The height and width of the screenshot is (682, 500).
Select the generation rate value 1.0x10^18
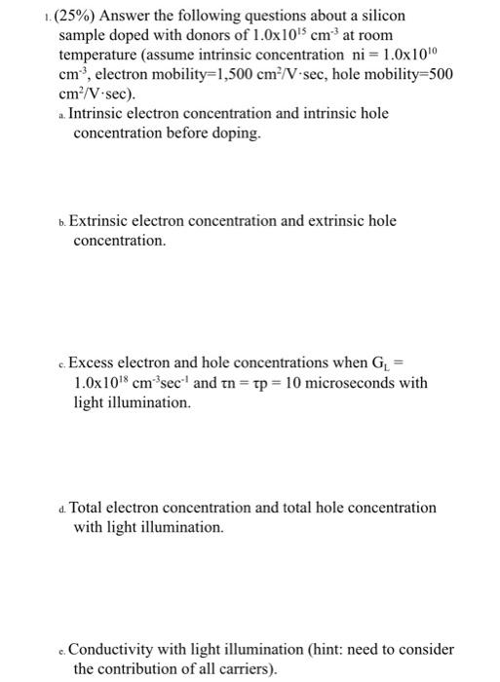(x=104, y=383)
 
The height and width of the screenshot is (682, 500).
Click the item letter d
(x=61, y=509)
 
